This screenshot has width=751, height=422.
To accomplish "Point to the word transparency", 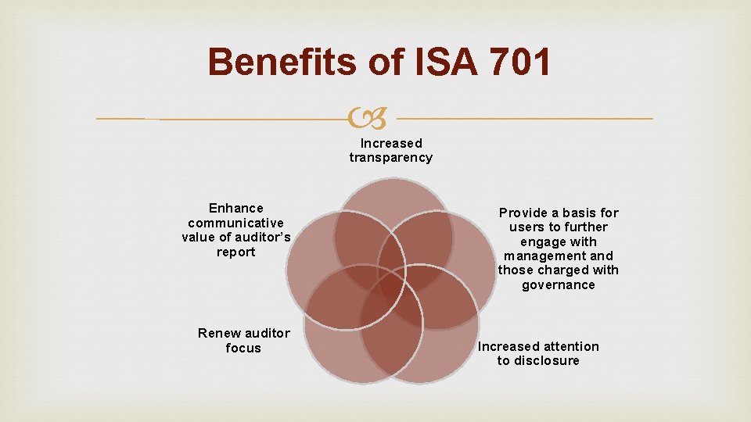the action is click(x=390, y=157).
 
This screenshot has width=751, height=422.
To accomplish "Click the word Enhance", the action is click(x=236, y=208).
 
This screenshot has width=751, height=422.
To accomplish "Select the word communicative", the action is click(x=236, y=223).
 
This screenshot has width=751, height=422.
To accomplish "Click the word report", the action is click(x=236, y=252).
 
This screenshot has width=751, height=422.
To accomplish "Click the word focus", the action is click(x=243, y=349).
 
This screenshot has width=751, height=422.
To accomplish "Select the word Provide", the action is click(x=526, y=213).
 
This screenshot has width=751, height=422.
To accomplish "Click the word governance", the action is click(x=559, y=285).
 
